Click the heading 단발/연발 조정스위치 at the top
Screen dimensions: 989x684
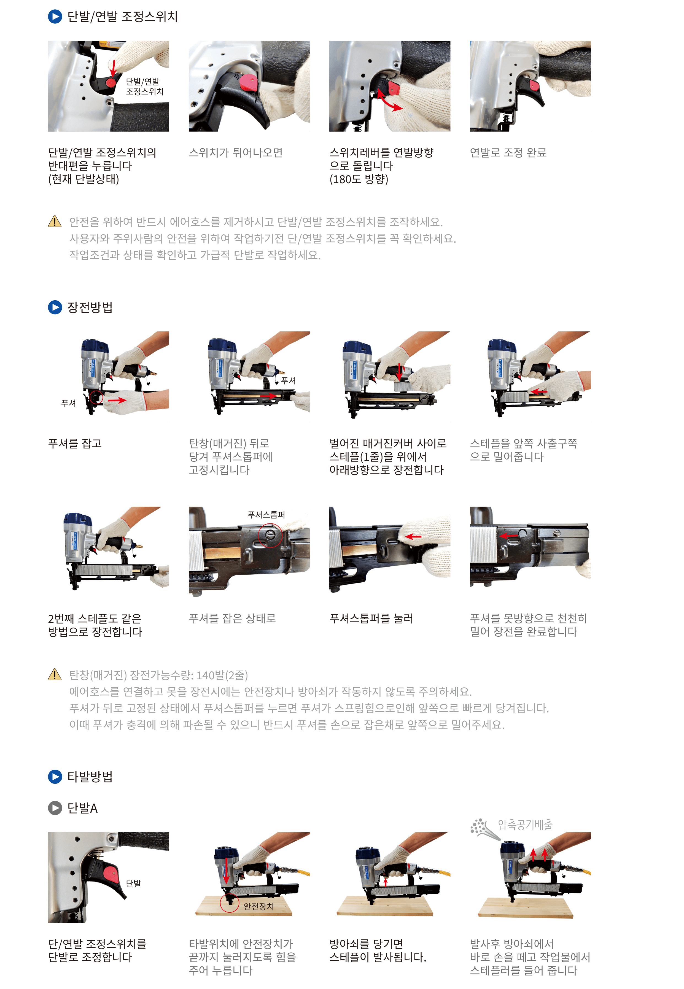tap(123, 17)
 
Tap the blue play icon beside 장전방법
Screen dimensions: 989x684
tap(55, 307)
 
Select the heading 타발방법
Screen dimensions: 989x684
tap(90, 777)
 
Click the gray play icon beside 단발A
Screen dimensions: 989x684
tap(55, 808)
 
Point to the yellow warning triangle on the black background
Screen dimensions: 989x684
tap(55, 221)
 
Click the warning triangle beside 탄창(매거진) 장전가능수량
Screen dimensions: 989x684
tap(55, 675)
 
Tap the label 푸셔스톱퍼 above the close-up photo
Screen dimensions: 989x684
tap(266, 514)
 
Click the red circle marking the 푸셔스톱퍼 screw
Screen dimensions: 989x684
tap(270, 535)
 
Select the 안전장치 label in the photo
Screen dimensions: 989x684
tap(258, 906)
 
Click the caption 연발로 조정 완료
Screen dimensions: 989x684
tap(508, 153)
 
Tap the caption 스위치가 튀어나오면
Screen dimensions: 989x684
tap(235, 153)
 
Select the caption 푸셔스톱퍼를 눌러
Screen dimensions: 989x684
tap(371, 618)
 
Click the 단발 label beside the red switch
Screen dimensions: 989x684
tap(133, 883)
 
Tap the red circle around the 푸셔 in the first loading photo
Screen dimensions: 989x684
tap(96, 397)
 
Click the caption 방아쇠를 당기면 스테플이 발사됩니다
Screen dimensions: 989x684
tap(377, 950)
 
